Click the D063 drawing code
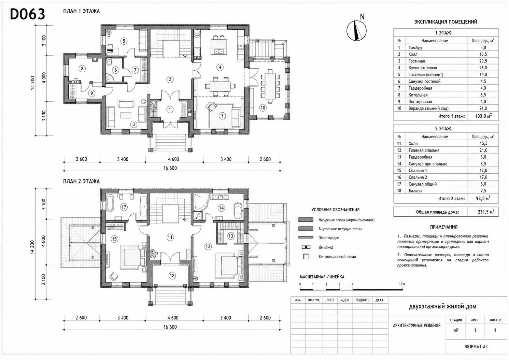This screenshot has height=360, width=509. pos(28,14)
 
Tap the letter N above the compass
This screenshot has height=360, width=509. pos(362,17)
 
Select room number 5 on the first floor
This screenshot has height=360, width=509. pos(124,41)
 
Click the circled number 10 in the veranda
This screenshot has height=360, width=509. pos(263,108)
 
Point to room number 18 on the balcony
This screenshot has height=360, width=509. pos(172,275)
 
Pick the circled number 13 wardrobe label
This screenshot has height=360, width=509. pos(231,236)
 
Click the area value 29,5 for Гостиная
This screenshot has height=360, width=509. pos(483,61)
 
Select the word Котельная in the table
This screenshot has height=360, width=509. pos(418,95)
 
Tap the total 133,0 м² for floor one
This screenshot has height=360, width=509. pos(483,116)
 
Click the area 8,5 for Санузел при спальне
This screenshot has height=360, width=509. pos(483,163)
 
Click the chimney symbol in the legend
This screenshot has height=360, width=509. pos(306,247)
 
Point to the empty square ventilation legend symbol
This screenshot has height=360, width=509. pos(306,257)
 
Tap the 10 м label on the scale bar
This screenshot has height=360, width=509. pos(402,284)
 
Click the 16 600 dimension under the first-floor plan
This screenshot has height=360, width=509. pos(170,168)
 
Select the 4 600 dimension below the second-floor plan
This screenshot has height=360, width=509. pos(173,318)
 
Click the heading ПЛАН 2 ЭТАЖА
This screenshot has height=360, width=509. pos(81,181)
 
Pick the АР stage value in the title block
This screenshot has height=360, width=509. pos(456,330)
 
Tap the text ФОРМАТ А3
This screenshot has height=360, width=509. pos(476,347)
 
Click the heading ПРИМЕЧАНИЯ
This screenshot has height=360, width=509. pos(443,227)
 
